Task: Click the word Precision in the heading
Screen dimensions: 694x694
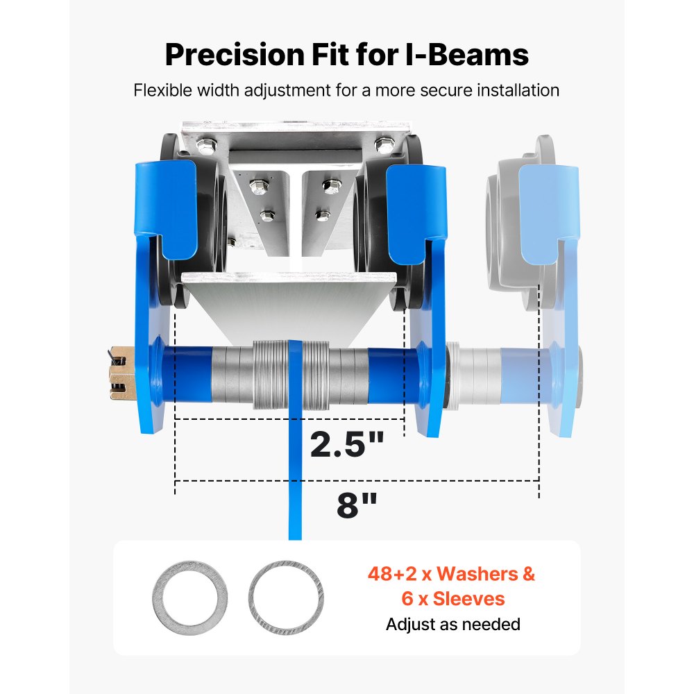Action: (236, 55)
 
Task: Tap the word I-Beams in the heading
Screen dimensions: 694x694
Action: (467, 55)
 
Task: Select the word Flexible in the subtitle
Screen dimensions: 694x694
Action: (163, 90)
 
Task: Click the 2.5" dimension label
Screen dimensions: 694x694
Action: (346, 444)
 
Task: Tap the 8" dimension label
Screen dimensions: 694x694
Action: (357, 505)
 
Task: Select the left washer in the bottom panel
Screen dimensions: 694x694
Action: (190, 598)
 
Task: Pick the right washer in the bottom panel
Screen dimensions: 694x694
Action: (286, 598)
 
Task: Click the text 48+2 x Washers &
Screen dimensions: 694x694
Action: (451, 574)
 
